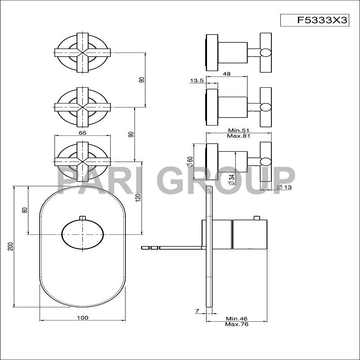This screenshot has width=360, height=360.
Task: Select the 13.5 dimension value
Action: point(197,81)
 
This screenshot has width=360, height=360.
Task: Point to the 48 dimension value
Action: point(227,74)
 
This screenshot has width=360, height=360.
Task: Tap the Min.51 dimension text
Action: point(238,130)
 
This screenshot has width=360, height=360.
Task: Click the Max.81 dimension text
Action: point(238,136)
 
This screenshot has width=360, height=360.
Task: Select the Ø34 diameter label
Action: point(231,180)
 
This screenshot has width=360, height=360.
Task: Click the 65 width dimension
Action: point(82,133)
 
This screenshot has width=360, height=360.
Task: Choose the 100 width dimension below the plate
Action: point(82,318)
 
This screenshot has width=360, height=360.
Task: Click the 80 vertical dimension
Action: point(25,210)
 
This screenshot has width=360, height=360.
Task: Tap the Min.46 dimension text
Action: point(237,318)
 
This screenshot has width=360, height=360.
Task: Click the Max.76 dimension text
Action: point(237,324)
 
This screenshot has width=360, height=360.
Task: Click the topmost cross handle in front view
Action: point(82,53)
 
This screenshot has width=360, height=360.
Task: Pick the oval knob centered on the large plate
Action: point(82,234)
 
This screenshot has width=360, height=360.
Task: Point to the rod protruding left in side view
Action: point(171,247)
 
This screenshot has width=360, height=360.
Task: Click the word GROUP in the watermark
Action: point(227,181)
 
